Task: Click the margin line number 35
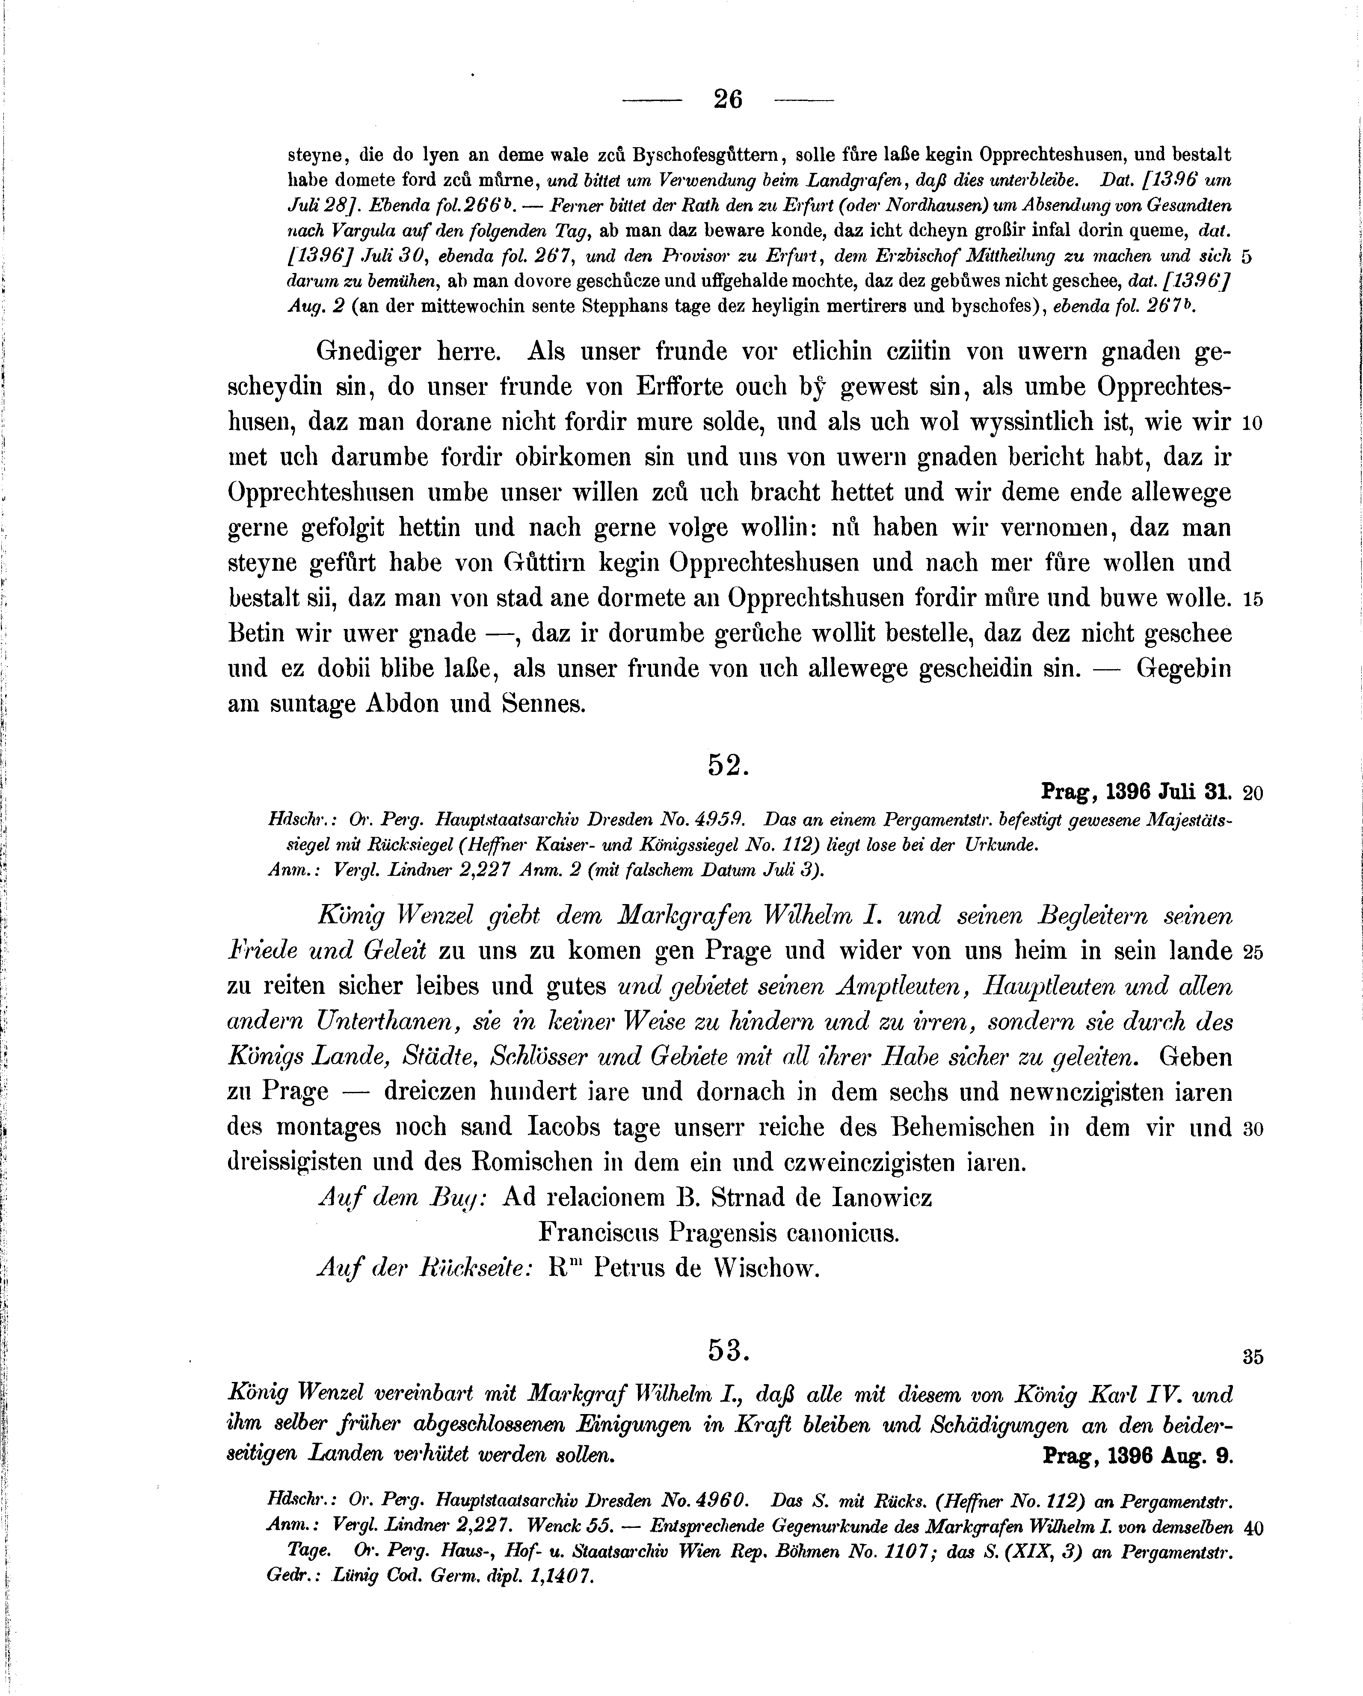1253,1356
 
